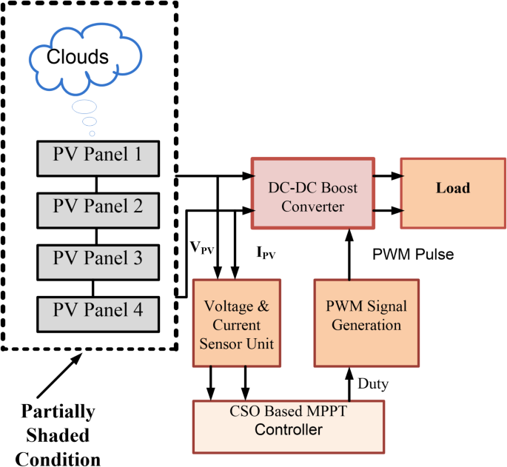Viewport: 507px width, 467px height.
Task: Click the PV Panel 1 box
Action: (x=98, y=156)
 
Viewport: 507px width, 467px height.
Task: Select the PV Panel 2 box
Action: (x=98, y=204)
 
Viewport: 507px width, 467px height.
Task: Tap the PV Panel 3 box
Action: (x=98, y=259)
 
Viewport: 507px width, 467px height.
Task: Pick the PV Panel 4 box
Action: (x=98, y=308)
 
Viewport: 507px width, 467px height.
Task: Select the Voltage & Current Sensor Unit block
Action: (x=238, y=324)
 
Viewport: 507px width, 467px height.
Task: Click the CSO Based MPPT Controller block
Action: (x=289, y=421)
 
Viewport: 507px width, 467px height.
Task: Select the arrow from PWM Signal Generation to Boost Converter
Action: (x=347, y=256)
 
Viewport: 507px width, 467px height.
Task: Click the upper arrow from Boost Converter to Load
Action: (x=389, y=177)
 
